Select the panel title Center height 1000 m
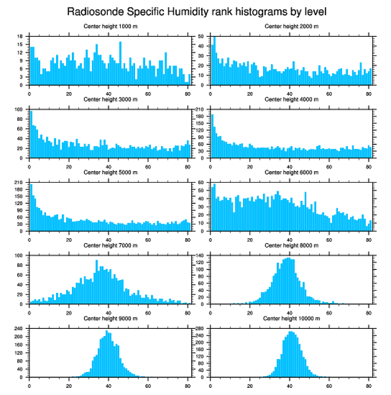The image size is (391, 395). pyautogui.click(x=110, y=26)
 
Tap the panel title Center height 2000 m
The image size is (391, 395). pyautogui.click(x=291, y=26)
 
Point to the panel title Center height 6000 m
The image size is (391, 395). pyautogui.click(x=291, y=173)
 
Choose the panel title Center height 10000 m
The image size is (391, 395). pyautogui.click(x=291, y=318)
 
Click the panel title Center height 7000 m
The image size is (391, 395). pyautogui.click(x=110, y=245)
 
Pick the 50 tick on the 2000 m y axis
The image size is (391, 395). pyautogui.click(x=202, y=36)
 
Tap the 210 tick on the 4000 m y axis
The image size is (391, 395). pyautogui.click(x=200, y=109)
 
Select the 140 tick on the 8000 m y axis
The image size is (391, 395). pyautogui.click(x=200, y=256)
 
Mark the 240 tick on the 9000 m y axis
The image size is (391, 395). pyautogui.click(x=19, y=329)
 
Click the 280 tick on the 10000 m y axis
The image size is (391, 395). pyautogui.click(x=200, y=329)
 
